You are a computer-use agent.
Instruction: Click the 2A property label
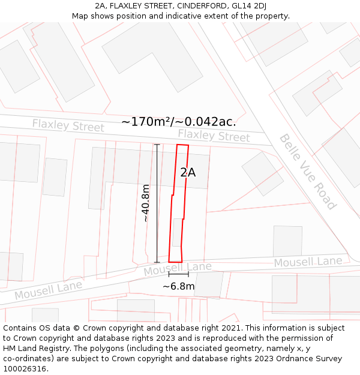coord(188,172)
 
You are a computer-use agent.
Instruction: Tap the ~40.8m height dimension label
coord(146,203)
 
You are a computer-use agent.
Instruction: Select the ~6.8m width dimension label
coord(178,286)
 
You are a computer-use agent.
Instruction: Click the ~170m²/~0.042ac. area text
coord(178,122)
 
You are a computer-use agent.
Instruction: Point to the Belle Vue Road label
coord(307,172)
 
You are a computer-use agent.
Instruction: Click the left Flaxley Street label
coord(68,125)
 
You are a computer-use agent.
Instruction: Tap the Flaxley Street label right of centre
coord(214,136)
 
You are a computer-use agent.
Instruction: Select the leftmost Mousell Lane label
coord(48,291)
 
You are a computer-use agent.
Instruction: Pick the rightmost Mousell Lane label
coord(308,262)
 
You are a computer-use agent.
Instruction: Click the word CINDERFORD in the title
coord(204,6)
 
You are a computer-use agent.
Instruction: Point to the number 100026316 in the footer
coord(26,368)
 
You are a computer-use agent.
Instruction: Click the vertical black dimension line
coord(157,203)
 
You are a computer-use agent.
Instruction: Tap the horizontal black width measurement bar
coord(178,274)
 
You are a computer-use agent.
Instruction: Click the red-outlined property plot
coord(179,204)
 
